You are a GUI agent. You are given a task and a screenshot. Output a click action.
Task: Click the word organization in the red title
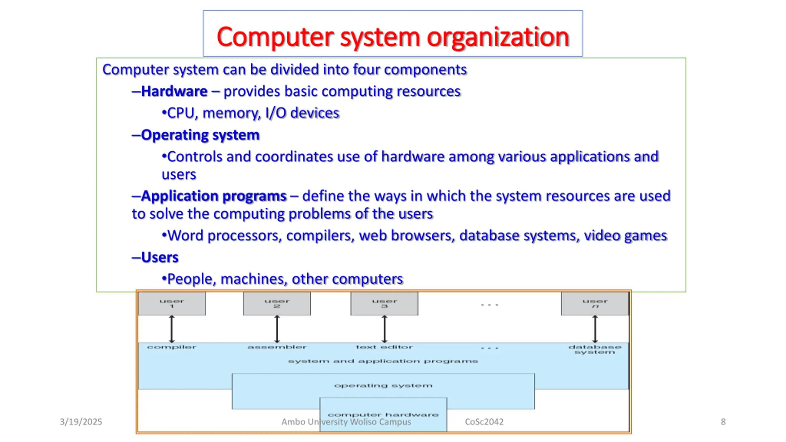[498, 37]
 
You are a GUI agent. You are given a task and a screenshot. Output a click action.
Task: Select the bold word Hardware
[174, 91]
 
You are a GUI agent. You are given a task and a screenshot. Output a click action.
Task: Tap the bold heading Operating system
[200, 135]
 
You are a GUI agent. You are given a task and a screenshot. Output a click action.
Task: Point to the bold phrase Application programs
[214, 196]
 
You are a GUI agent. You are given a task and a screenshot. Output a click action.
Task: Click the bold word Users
[160, 258]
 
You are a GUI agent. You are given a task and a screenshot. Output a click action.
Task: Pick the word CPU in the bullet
[181, 113]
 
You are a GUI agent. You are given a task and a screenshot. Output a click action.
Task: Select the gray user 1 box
[172, 304]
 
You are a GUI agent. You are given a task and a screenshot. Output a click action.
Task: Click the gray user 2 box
[277, 304]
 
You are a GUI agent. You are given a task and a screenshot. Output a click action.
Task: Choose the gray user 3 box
[384, 304]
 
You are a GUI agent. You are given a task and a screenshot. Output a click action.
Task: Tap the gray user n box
[595, 304]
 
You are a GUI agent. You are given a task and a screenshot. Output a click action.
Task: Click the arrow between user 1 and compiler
[172, 329]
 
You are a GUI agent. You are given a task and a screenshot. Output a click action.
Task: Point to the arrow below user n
[595, 329]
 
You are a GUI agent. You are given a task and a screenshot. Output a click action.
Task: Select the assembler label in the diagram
[277, 347]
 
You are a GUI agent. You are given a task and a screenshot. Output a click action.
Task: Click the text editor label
[384, 347]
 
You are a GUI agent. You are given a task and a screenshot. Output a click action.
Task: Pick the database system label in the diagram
[595, 350]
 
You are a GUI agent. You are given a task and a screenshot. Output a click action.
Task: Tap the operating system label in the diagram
[383, 386]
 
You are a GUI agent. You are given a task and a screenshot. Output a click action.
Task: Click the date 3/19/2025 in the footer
[81, 422]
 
